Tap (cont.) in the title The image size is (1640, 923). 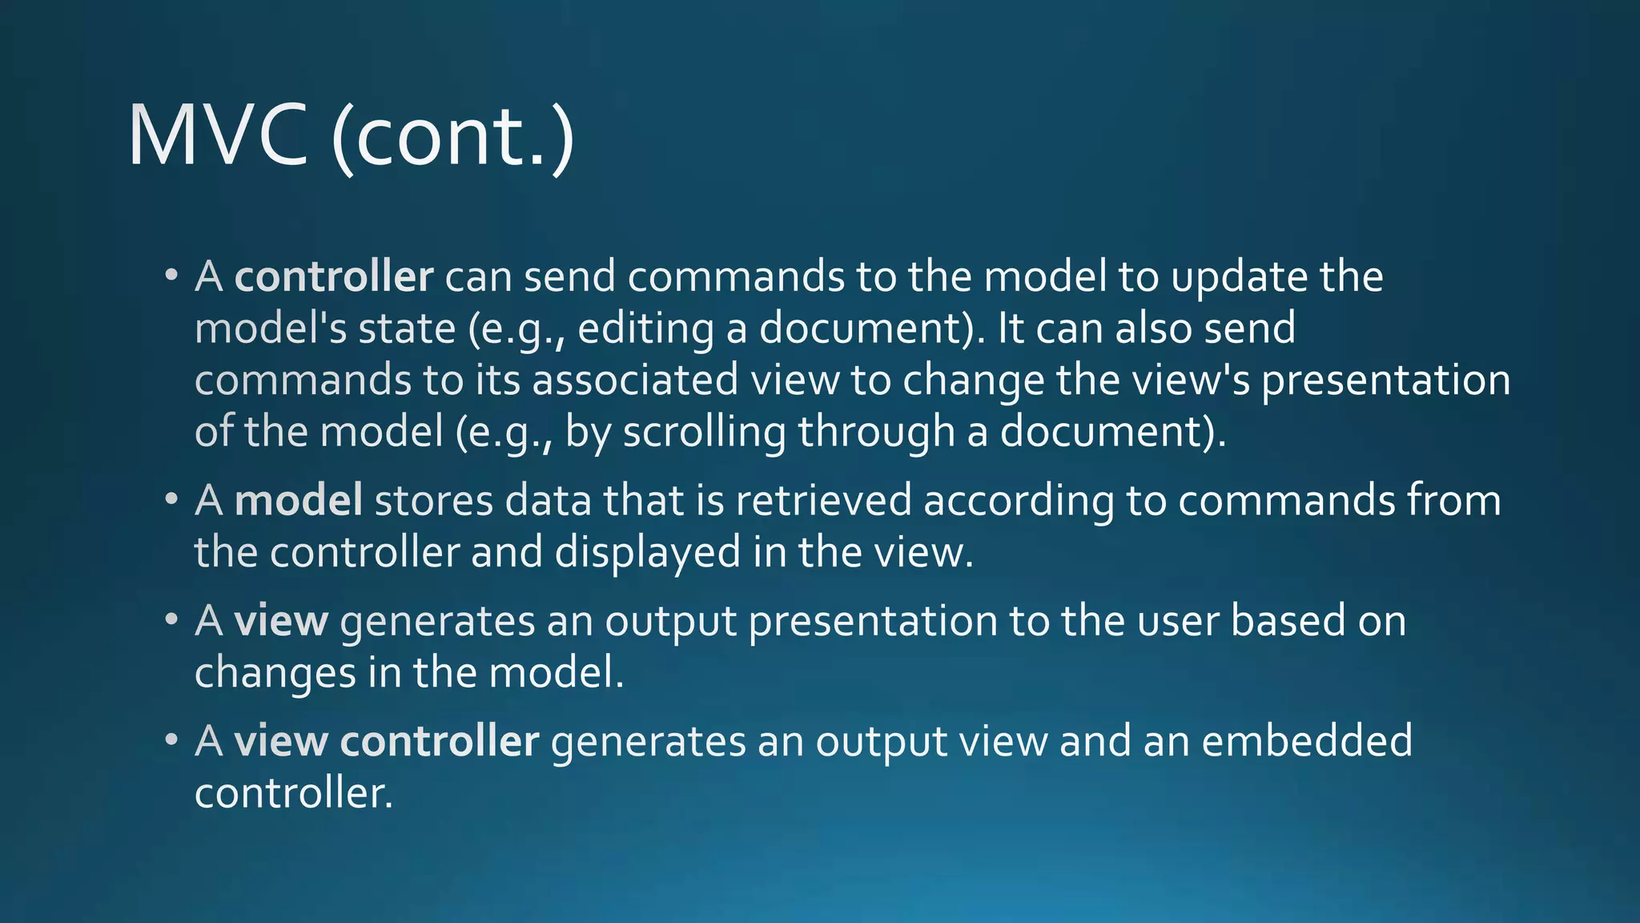point(452,136)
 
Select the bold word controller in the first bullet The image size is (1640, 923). point(334,277)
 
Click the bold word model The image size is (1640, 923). point(299,501)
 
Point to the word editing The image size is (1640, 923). point(645,329)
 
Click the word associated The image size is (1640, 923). point(635,381)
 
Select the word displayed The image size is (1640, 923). point(648,553)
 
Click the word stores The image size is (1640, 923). point(434,501)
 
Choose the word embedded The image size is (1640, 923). point(1307,741)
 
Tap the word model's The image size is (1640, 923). point(271,329)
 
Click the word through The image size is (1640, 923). point(876,433)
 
